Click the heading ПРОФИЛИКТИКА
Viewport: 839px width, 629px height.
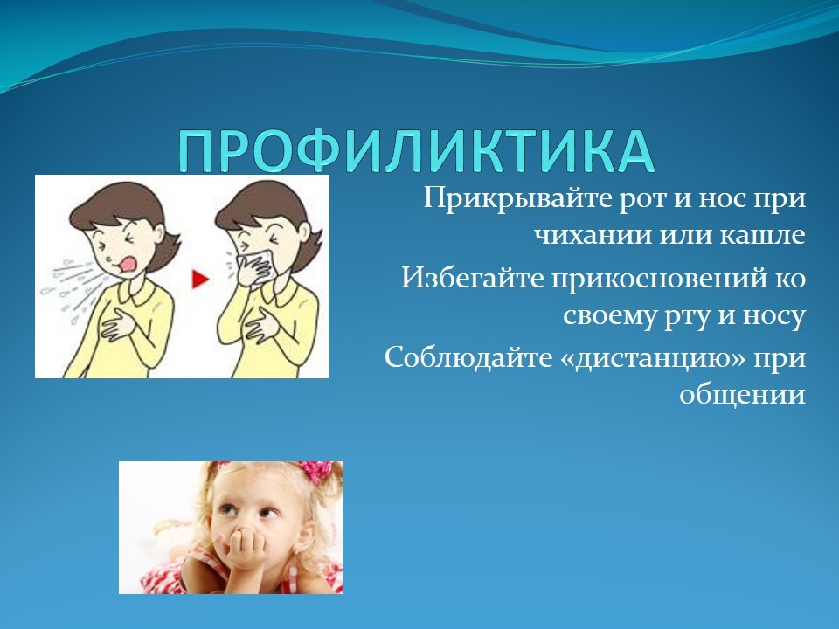(x=416, y=151)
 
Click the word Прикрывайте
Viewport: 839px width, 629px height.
(x=517, y=199)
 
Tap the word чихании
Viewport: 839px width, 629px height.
(x=593, y=236)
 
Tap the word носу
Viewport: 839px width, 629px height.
(x=773, y=316)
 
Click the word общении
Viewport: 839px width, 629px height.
(x=743, y=396)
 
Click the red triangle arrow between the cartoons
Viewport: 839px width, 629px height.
(x=199, y=279)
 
